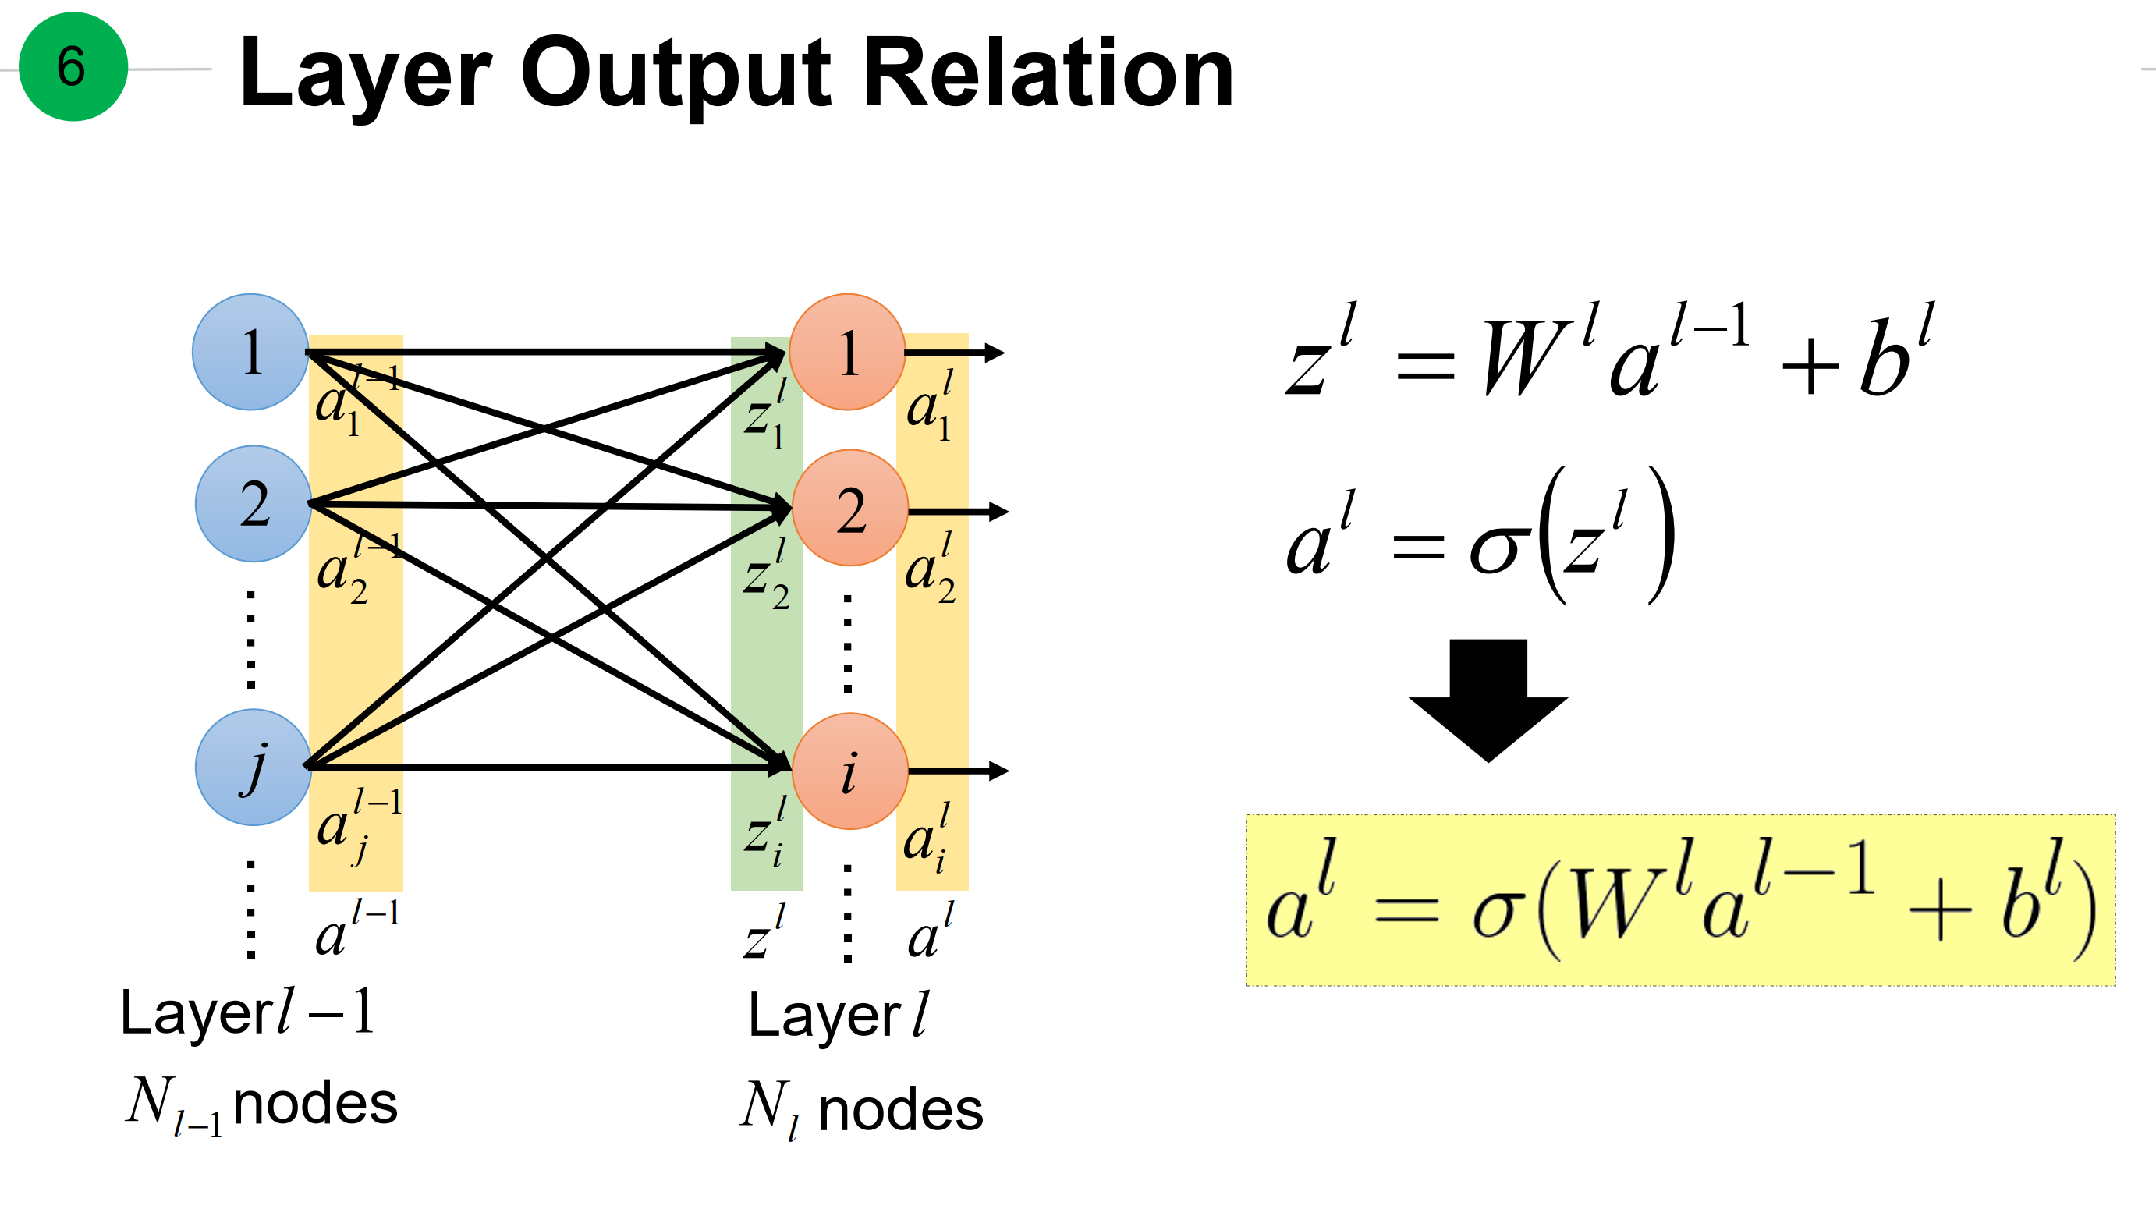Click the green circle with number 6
coord(73,67)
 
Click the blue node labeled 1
coord(251,352)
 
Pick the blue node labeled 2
coord(254,504)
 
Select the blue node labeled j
coord(254,768)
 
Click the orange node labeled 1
coord(847,352)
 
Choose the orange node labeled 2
coord(849,508)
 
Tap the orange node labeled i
coord(849,771)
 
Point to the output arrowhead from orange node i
coord(998,771)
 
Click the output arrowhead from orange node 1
coord(995,353)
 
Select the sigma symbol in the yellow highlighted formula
coord(1494,912)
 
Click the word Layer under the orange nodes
coord(824,1016)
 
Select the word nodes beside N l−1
coord(314,1104)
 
